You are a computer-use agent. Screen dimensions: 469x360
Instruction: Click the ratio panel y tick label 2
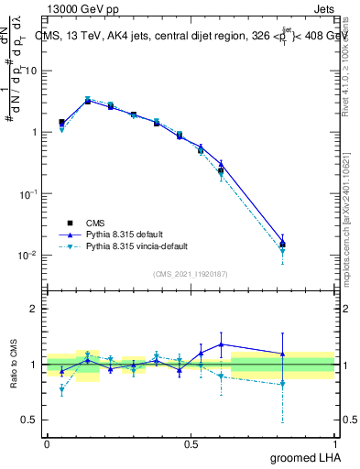tap(35, 309)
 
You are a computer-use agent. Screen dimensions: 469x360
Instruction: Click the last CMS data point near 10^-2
tap(282, 245)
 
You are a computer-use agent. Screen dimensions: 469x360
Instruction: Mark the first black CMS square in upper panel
tap(61, 122)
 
